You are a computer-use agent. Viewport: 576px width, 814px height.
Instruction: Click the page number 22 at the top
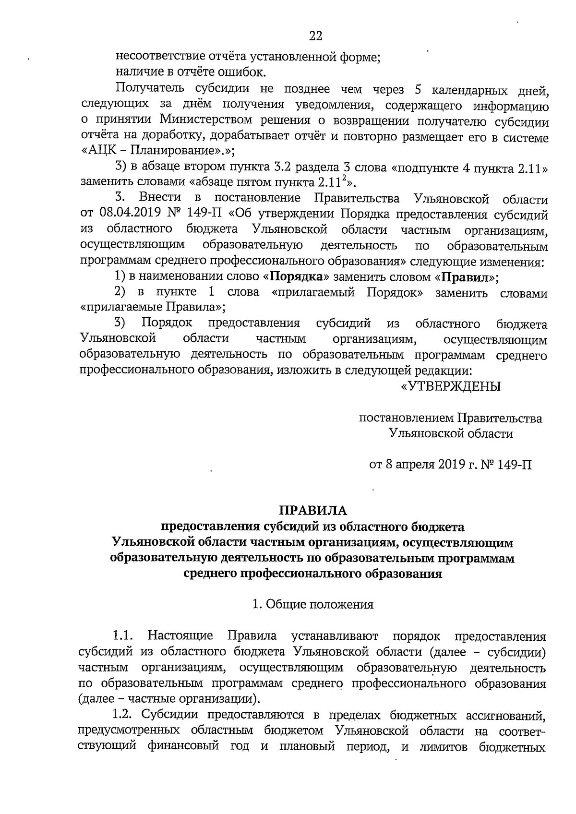pos(315,36)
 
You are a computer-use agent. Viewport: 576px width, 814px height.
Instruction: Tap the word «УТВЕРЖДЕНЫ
pos(451,386)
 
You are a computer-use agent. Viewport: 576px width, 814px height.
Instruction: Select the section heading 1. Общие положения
pos(313,604)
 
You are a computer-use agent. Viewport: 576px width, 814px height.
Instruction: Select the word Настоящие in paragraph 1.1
pos(180,636)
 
